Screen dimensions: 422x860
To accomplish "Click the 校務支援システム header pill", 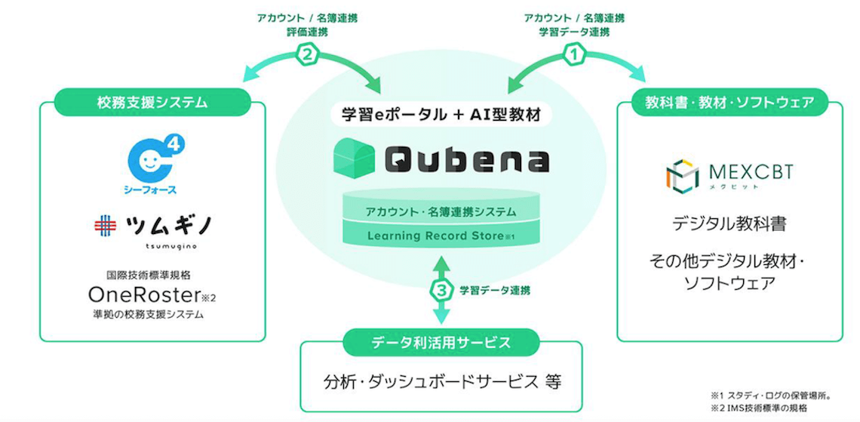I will [x=152, y=102].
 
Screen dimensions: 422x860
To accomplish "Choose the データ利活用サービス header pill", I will [x=441, y=343].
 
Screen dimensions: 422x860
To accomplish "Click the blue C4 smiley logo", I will [x=152, y=157].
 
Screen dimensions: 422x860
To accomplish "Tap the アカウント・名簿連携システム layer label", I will [x=441, y=211].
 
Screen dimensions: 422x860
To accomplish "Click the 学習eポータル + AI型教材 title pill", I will [x=441, y=115].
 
